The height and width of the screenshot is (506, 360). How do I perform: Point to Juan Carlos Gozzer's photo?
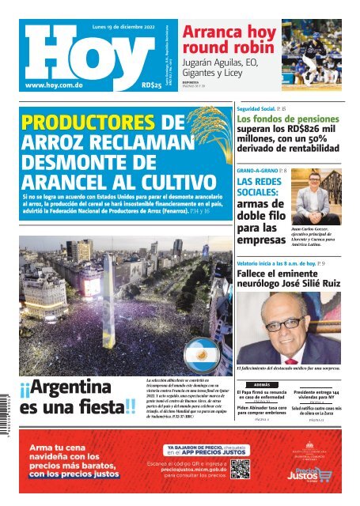point(312,198)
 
